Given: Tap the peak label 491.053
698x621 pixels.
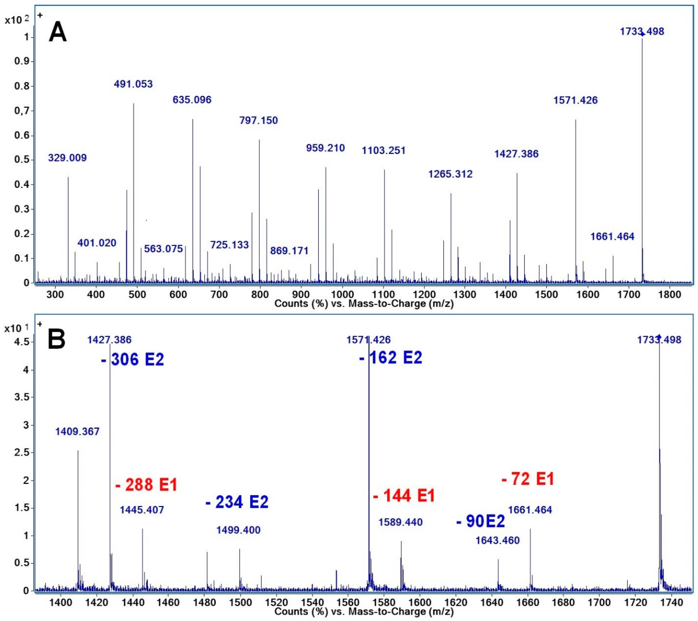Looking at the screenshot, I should (x=133, y=84).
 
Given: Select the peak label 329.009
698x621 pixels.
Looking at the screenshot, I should (x=67, y=158).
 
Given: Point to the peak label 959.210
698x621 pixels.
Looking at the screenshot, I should (x=325, y=148).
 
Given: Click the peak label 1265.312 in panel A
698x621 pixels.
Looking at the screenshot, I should (x=450, y=174).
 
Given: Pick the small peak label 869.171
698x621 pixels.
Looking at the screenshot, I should (x=289, y=251).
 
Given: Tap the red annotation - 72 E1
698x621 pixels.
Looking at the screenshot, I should (x=528, y=479).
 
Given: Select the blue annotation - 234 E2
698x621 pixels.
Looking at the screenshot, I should (x=237, y=502).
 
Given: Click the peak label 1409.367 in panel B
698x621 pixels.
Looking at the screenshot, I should (x=78, y=432).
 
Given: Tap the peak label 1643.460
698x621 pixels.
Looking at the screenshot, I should (x=497, y=540).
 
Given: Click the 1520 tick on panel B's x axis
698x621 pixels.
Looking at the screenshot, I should (x=276, y=603).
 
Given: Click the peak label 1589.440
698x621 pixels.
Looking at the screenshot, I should (x=400, y=522).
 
